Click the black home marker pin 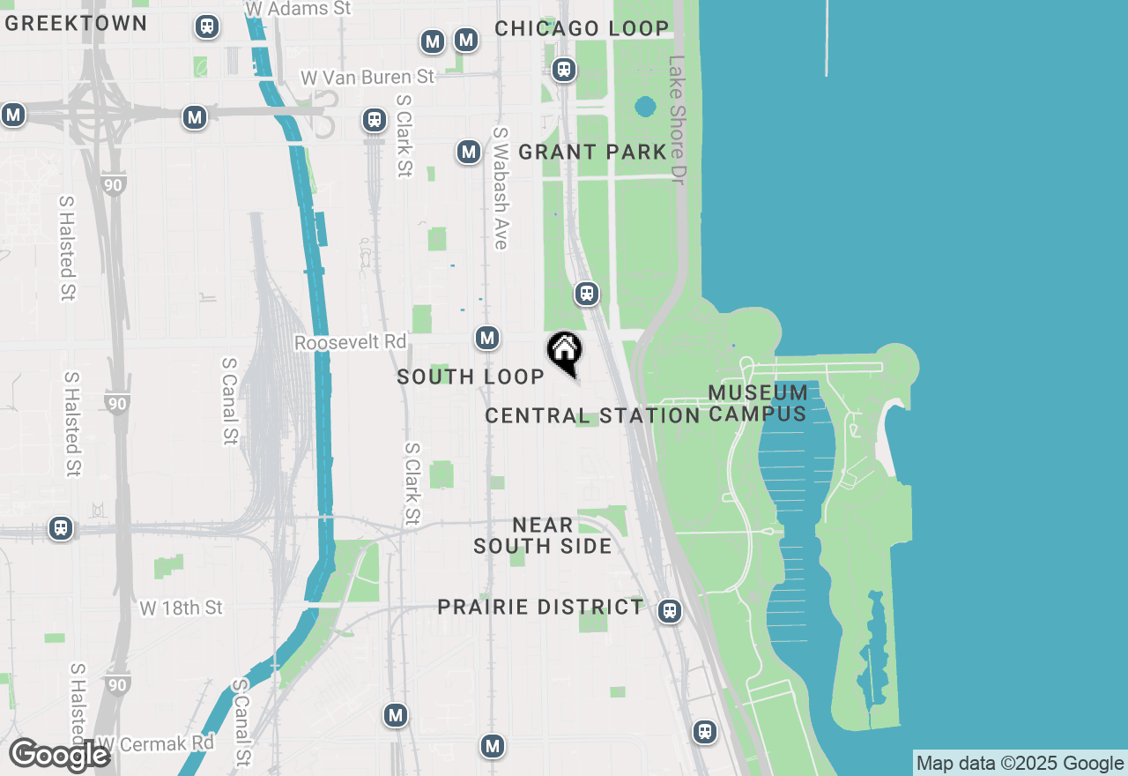[564, 351]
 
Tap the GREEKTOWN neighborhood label [76, 23]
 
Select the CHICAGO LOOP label [582, 28]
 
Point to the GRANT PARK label [592, 152]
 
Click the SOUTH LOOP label [471, 377]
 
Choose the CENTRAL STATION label [592, 415]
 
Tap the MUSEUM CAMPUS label [758, 403]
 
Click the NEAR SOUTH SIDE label [543, 535]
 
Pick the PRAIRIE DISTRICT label [541, 607]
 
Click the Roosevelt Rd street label [351, 342]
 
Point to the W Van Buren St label [367, 77]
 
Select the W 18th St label [182, 608]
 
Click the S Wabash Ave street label [501, 188]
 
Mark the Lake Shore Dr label [677, 121]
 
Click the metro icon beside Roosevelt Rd [487, 338]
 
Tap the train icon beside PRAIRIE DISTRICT [670, 611]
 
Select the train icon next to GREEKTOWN [207, 26]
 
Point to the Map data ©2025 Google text [1020, 764]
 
